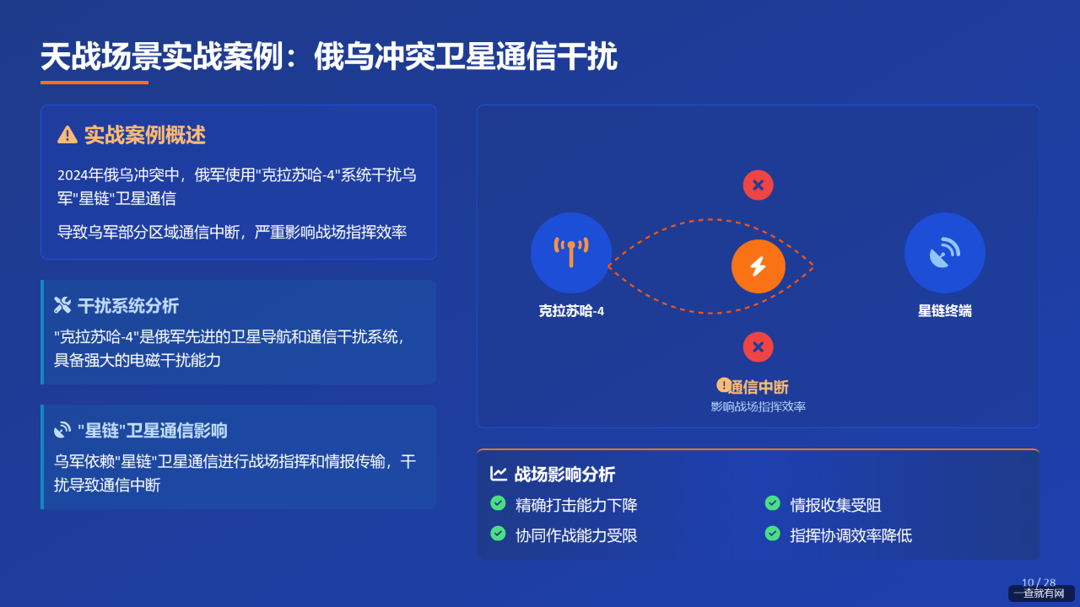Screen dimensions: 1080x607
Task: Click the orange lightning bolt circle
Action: tap(758, 266)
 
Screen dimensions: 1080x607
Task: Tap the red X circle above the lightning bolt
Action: tap(758, 185)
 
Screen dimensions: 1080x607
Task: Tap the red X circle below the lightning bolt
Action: tap(758, 346)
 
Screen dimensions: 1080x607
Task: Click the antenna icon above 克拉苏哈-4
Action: tap(571, 252)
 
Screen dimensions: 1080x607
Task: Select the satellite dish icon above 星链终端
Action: tap(944, 252)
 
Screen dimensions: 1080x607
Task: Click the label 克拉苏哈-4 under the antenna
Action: tap(571, 311)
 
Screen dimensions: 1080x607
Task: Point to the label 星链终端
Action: tap(944, 311)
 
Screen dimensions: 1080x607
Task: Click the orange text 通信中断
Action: tap(759, 387)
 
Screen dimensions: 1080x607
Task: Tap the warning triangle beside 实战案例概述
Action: tap(67, 135)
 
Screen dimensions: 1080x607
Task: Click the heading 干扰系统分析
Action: tap(128, 306)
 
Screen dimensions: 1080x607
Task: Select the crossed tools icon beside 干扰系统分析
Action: tap(62, 305)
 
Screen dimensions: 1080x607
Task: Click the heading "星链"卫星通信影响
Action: tap(153, 431)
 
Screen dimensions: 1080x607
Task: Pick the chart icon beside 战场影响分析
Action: tap(498, 474)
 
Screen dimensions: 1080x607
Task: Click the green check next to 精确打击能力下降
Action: tap(498, 503)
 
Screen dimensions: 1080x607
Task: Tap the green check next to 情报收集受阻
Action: tap(772, 503)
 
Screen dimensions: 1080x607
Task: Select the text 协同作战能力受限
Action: tap(576, 535)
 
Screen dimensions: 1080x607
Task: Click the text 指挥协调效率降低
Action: tap(851, 535)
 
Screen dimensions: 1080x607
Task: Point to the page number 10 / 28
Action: tap(1039, 583)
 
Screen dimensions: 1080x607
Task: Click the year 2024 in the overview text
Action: tap(73, 175)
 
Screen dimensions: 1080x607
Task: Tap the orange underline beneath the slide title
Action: tap(94, 83)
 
